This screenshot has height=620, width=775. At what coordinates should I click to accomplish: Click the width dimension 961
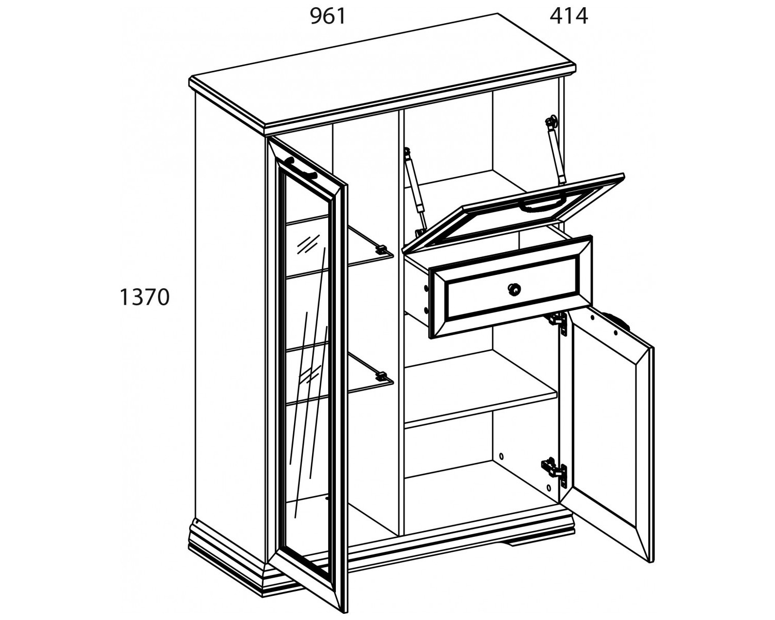[328, 17]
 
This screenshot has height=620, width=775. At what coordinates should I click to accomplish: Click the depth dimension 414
[569, 17]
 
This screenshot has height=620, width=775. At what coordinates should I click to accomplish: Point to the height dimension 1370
[145, 298]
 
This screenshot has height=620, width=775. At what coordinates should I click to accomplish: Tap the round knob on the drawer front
[515, 288]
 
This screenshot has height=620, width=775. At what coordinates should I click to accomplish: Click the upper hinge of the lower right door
[559, 323]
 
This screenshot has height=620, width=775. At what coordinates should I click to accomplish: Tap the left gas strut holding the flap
[416, 192]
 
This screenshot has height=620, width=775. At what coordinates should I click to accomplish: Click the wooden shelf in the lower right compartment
[481, 389]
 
